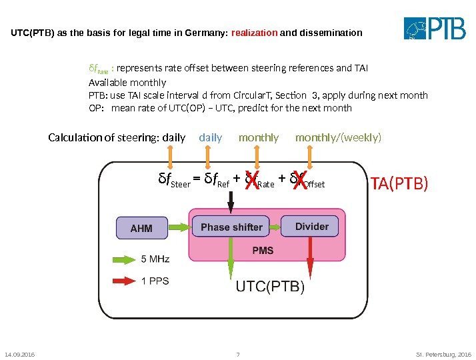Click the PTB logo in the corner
click(x=437, y=29)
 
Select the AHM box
click(x=141, y=228)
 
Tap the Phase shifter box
click(x=231, y=227)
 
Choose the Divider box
click(x=311, y=227)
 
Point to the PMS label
click(x=263, y=251)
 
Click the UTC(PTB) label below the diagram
click(x=271, y=287)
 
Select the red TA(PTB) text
click(x=399, y=183)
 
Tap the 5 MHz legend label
click(x=155, y=259)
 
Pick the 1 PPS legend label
click(x=155, y=281)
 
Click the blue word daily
click(x=211, y=137)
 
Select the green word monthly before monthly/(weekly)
click(x=259, y=137)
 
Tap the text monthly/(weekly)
click(x=339, y=137)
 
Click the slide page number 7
click(x=238, y=353)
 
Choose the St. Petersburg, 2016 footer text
click(x=445, y=353)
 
